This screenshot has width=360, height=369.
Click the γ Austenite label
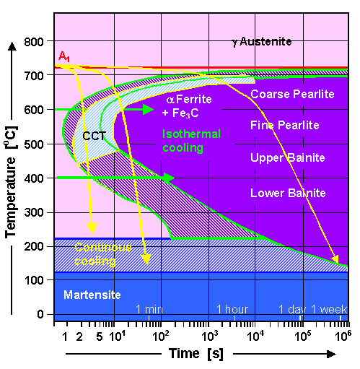pos(261,42)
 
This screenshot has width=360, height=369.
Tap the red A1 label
pos(63,57)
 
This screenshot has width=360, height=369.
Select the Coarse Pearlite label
pos(288,94)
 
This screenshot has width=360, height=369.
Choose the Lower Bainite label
pos(288,193)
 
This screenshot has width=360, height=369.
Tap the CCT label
pos(94,135)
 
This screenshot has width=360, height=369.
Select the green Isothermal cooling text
pos(192,140)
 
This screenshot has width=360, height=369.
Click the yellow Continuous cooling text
pos(102,254)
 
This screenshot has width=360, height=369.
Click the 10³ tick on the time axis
pos(209,335)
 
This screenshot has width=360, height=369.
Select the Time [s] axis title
pos(197,354)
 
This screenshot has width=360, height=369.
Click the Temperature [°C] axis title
pos(12,171)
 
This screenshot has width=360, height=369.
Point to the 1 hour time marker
pos(233,309)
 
